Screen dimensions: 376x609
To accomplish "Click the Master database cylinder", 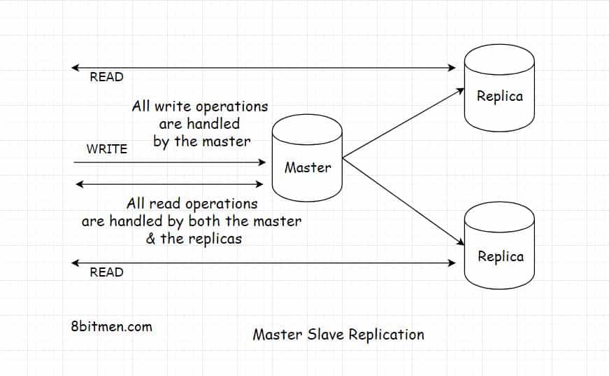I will tap(307, 158).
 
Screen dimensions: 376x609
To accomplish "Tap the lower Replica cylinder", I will tap(500, 247).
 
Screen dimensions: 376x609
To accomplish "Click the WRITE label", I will tap(106, 149).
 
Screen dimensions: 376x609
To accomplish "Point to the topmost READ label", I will tap(106, 77).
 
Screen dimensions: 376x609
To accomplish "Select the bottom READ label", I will tap(106, 272).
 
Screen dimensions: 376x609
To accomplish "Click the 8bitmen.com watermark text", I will tap(111, 326).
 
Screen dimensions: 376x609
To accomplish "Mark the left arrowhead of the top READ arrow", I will tap(75, 68).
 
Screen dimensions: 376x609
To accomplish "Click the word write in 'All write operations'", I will tap(172, 107).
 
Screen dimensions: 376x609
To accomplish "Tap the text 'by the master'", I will tap(201, 141).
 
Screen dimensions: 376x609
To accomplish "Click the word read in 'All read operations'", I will tap(164, 204).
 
